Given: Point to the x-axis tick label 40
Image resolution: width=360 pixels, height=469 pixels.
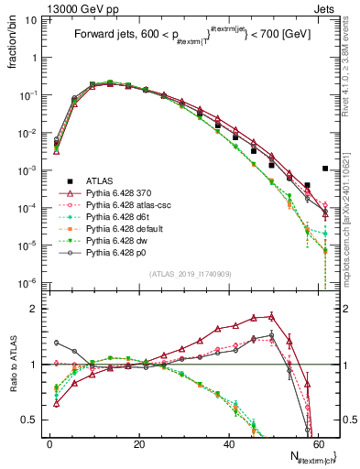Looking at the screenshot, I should coord(229,444).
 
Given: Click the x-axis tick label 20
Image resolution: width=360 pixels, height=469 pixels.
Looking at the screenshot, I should coord(139,444).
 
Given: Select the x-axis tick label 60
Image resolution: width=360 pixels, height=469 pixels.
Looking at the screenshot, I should coord(318,444).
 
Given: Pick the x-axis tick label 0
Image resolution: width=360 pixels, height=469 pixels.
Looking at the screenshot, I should coord(50,444).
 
